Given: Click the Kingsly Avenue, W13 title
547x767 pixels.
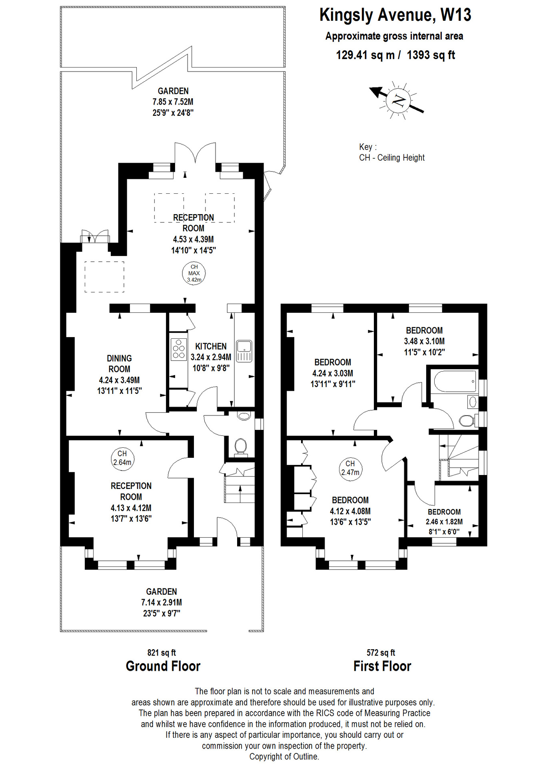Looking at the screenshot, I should (x=395, y=15).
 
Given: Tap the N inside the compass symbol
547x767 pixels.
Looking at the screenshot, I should (x=399, y=100).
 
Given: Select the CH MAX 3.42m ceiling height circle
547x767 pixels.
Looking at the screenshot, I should (x=194, y=274).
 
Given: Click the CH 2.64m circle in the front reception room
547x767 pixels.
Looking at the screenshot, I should (x=122, y=458).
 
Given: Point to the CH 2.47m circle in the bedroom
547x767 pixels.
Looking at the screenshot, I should (x=350, y=468).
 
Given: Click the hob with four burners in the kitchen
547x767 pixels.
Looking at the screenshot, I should (x=179, y=350).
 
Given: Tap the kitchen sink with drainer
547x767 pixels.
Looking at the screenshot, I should (x=244, y=351).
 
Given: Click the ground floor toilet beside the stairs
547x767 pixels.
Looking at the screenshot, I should (x=241, y=446).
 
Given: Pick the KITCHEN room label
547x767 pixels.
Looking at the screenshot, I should (x=211, y=346).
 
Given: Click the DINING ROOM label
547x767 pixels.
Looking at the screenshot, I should (x=119, y=364).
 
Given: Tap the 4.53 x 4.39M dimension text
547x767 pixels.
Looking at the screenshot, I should (x=193, y=239).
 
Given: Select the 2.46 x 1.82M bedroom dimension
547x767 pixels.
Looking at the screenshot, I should (x=444, y=522).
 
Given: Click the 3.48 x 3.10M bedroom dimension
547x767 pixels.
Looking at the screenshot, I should (x=424, y=341).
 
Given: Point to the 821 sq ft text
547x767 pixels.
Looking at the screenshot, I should (x=162, y=653).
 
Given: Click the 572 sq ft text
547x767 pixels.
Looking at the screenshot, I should (x=381, y=653).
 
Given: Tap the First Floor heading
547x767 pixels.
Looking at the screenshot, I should (x=382, y=666).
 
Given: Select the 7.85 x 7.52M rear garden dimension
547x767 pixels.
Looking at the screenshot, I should (x=173, y=102).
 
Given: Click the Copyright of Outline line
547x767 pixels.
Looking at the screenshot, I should (x=284, y=757).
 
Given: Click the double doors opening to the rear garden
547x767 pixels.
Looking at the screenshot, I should (x=195, y=154).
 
